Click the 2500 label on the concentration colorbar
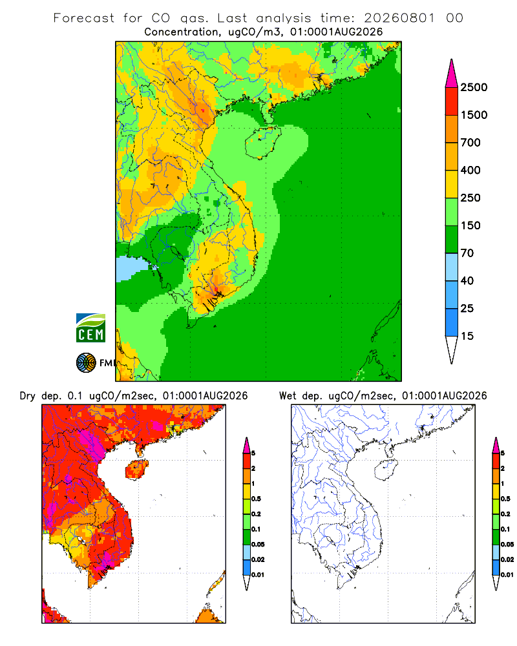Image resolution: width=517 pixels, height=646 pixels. click(x=474, y=87)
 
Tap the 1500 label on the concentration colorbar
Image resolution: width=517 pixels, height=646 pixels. click(x=474, y=115)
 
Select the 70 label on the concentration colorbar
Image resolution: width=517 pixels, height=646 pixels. click(x=467, y=253)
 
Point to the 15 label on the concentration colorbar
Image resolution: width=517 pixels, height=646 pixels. click(x=467, y=336)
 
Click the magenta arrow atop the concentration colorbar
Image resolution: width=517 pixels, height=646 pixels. click(x=452, y=74)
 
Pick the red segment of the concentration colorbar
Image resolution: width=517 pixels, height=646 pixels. click(x=452, y=101)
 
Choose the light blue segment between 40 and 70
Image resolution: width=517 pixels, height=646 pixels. click(x=452, y=267)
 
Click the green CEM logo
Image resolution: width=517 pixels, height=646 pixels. click(x=90, y=328)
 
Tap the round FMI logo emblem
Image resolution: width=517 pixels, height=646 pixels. click(x=86, y=363)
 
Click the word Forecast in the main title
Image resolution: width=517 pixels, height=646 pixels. click(x=84, y=18)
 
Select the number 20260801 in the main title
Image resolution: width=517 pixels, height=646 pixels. click(x=399, y=18)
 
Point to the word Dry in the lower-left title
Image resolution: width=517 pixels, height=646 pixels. click(x=28, y=396)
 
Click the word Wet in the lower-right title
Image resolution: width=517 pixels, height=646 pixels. click(x=288, y=396)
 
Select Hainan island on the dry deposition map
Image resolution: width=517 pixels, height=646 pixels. click(x=136, y=470)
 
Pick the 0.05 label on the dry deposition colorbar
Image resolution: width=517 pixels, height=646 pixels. click(x=258, y=544)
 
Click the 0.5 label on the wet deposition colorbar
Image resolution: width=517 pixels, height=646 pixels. click(x=505, y=499)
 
